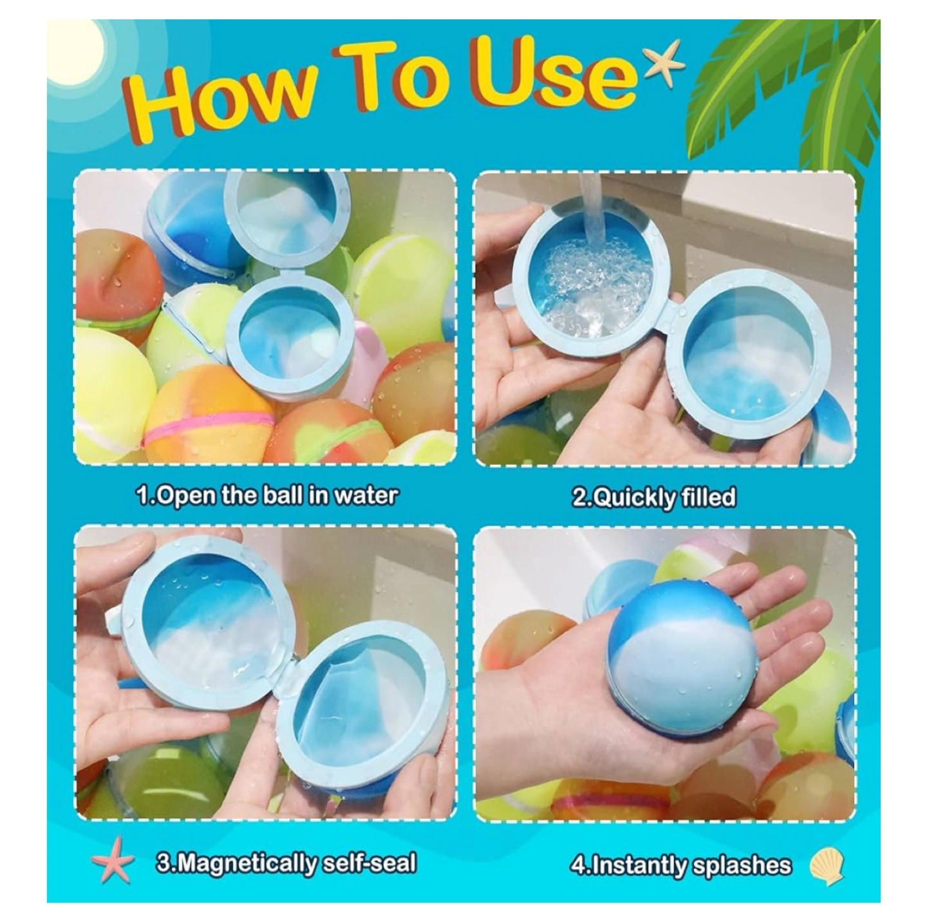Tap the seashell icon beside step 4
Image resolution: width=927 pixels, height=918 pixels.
coord(827,851)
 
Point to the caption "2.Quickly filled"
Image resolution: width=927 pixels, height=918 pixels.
coord(653,496)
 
